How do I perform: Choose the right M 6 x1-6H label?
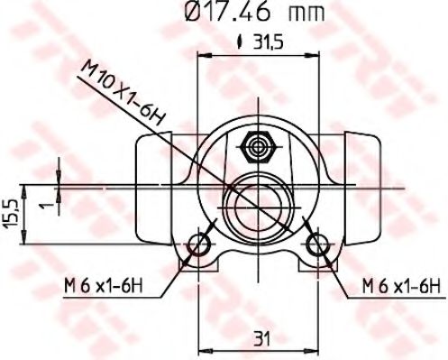coord(400,286)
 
